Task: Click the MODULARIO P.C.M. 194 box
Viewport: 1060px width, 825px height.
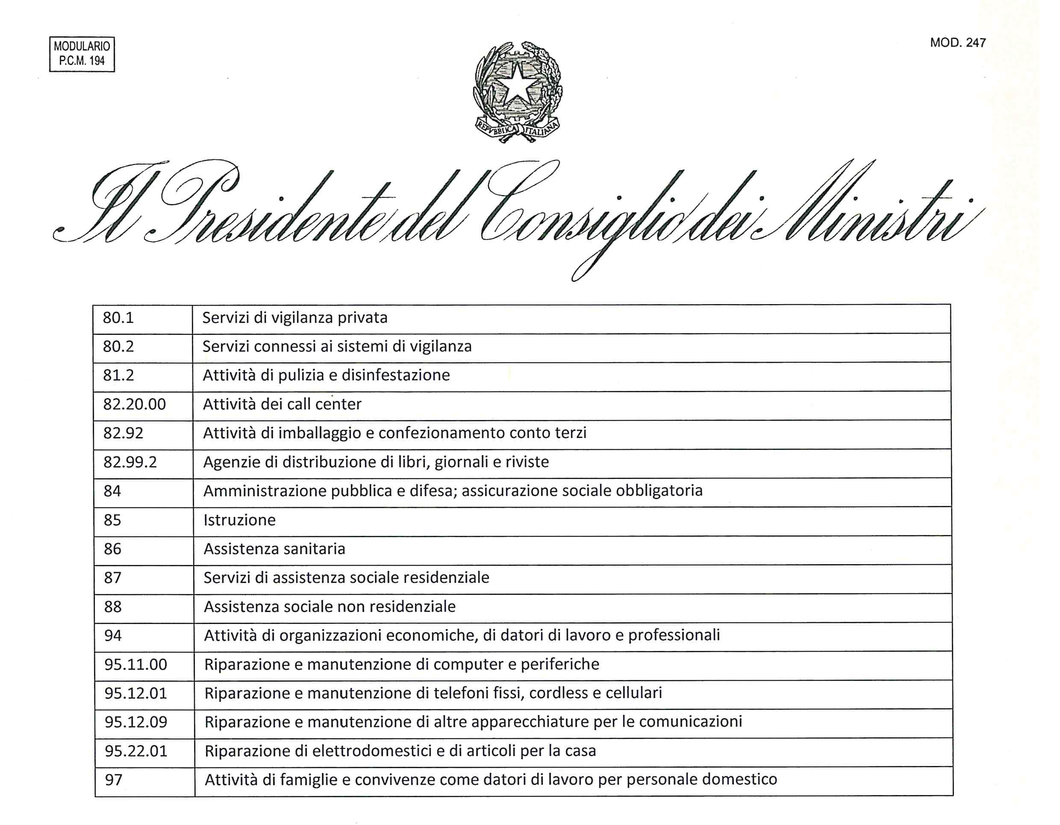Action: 82,54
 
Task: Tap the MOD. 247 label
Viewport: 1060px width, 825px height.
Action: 957,43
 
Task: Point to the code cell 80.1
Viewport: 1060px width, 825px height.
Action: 118,318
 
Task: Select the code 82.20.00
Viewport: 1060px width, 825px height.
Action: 135,405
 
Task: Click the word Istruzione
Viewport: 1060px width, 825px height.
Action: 239,520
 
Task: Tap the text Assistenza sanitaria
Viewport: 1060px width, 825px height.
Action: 274,549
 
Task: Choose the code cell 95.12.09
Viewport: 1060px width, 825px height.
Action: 136,722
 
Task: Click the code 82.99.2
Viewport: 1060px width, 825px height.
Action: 130,462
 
